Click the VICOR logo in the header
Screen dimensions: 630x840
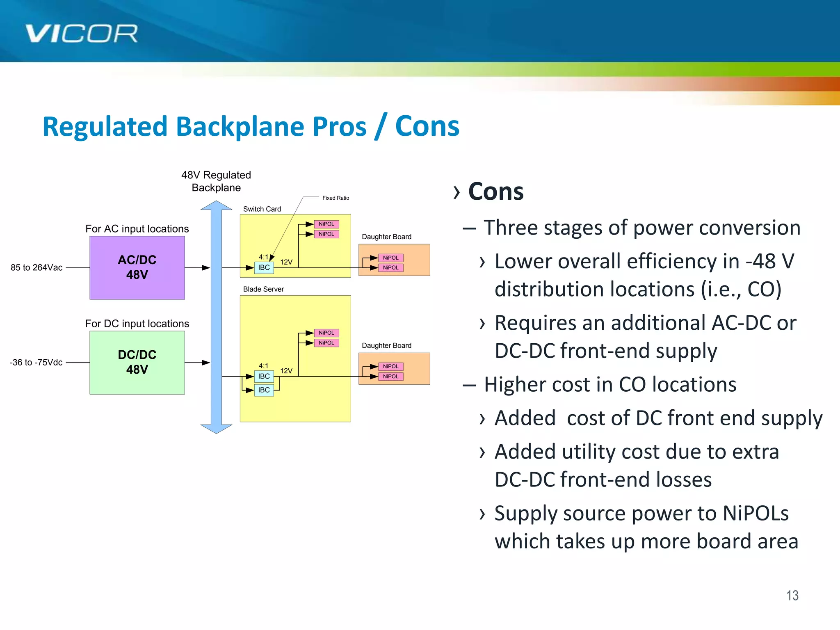81,34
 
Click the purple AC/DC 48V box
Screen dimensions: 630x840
137,267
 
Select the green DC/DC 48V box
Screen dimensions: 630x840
137,362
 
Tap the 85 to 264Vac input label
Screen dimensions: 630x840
37,268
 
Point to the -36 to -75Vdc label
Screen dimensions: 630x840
36,363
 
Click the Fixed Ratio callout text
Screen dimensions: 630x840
336,198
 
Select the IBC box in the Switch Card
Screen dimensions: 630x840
264,268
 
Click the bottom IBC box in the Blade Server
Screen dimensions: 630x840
264,390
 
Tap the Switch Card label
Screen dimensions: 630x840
262,209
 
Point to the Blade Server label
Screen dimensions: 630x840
263,289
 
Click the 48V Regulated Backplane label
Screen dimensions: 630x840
216,181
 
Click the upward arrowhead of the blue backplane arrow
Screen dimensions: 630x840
216,205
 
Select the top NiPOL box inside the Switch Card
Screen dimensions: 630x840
326,224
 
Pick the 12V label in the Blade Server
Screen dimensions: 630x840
286,371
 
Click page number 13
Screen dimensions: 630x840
792,596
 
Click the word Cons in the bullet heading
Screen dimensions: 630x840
495,192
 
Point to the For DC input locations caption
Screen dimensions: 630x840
137,324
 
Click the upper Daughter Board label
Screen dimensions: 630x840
386,237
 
